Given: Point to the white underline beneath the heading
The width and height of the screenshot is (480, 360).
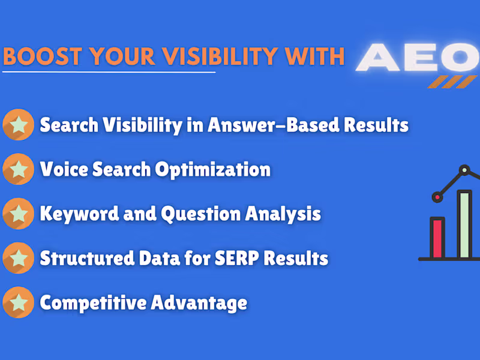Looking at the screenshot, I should (x=108, y=72).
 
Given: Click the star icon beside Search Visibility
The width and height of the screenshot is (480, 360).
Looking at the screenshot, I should (x=18, y=125).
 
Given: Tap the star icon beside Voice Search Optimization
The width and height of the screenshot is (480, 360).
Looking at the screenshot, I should (x=18, y=169).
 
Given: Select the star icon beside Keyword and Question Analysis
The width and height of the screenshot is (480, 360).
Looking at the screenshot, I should (x=18, y=214).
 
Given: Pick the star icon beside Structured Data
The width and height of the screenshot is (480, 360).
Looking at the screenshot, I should (x=18, y=258).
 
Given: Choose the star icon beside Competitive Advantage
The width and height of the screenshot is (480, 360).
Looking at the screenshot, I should (x=18, y=302).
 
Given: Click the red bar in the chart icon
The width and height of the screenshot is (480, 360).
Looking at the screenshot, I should (x=437, y=238).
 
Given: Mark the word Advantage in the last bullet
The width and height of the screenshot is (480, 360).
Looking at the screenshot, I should (x=198, y=302).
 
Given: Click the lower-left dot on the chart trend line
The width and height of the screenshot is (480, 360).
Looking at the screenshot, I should (x=437, y=196).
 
